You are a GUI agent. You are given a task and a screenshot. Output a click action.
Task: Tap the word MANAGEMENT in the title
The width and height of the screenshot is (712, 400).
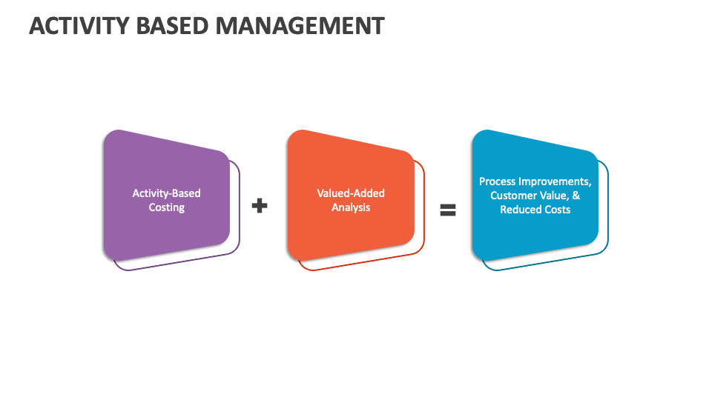point(300,26)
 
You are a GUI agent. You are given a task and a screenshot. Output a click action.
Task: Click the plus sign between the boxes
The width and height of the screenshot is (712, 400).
point(259,206)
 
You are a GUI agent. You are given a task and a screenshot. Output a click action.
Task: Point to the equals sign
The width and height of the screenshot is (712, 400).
point(447,210)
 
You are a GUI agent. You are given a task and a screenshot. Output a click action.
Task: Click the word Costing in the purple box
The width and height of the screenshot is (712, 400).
point(167,207)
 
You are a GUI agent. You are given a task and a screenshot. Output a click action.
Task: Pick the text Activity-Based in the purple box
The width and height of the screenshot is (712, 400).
point(167,193)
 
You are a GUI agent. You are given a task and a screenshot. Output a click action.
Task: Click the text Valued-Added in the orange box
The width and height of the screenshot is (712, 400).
point(351,193)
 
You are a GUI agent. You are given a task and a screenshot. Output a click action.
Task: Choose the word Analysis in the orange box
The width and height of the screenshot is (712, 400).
point(351,207)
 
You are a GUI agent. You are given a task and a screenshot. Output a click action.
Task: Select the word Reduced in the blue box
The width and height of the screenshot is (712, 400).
point(520,210)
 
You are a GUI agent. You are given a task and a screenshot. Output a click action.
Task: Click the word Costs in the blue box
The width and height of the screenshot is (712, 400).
point(557,210)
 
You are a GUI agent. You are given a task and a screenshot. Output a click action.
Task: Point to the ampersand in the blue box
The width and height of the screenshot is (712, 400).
point(576,196)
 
